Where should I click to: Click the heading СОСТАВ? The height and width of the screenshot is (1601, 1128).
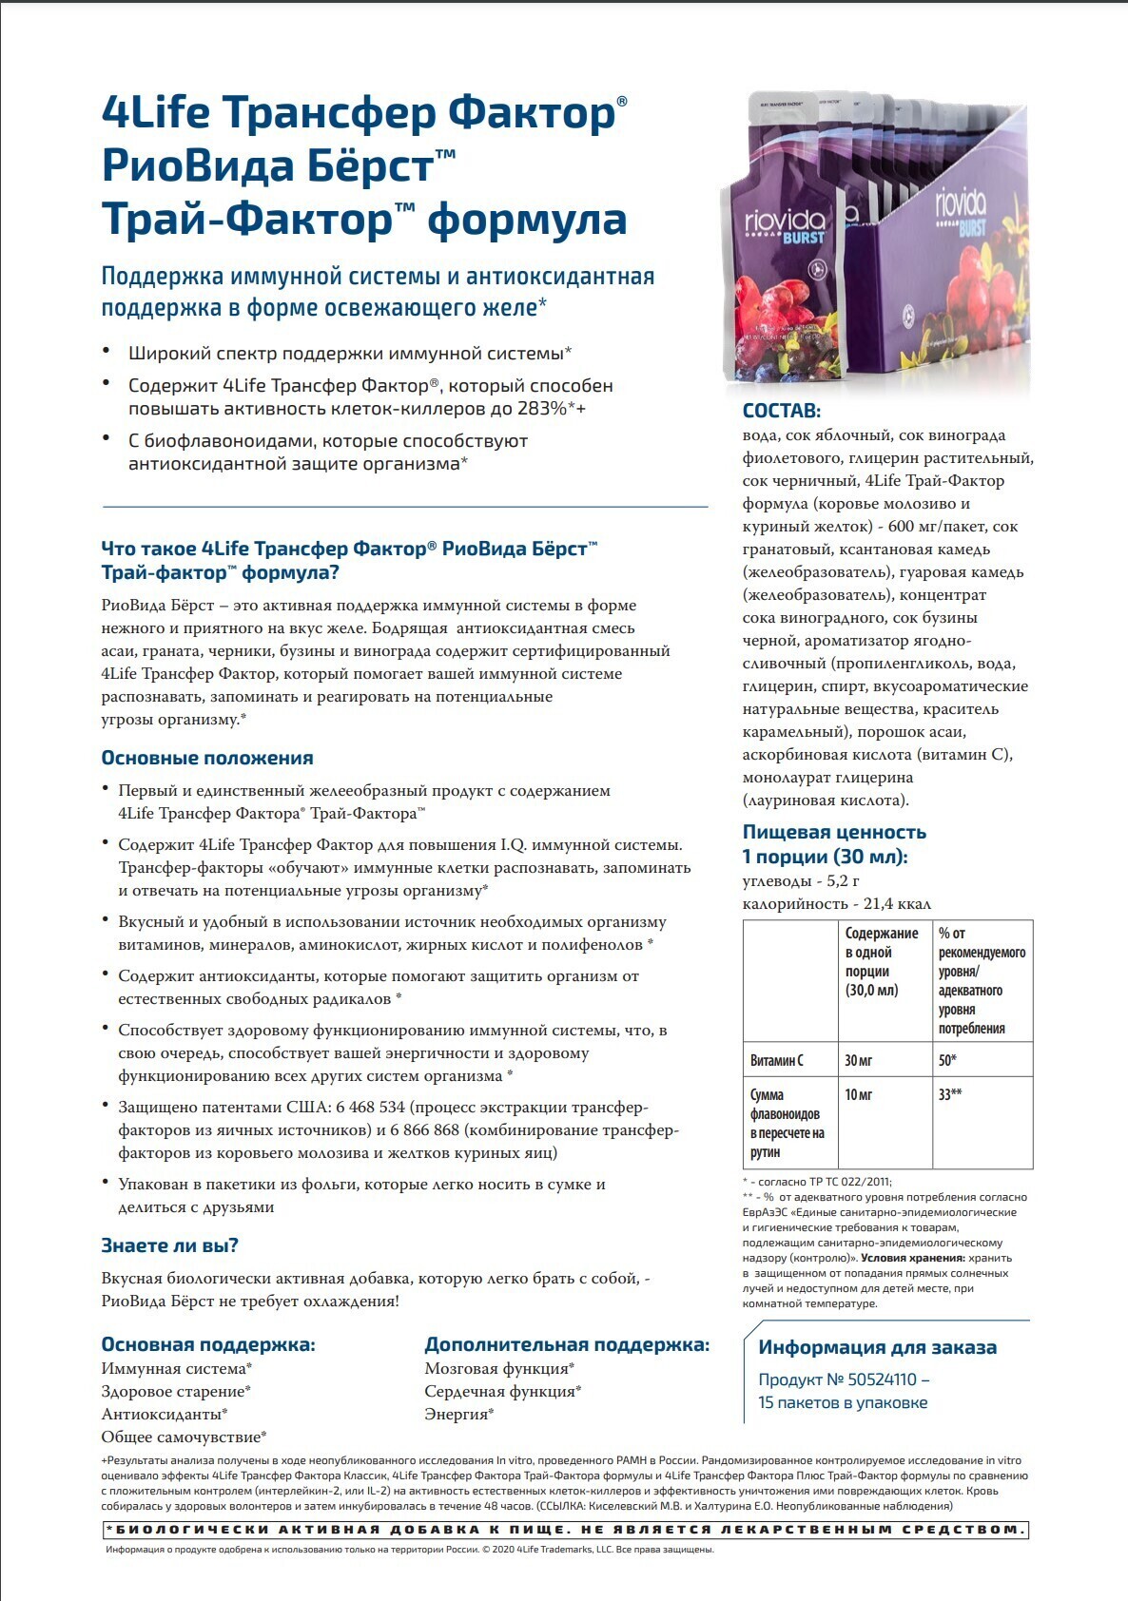[x=781, y=411]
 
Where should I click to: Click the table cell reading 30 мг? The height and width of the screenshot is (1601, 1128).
[x=859, y=1060]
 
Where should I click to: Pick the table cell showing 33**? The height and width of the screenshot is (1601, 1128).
[x=950, y=1094]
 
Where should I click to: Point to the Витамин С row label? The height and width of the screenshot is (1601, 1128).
[x=777, y=1060]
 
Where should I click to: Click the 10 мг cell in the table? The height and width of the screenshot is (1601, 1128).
[x=859, y=1094]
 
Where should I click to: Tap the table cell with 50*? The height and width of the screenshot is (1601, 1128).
[x=947, y=1060]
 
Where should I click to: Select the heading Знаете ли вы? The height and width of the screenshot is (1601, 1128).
[x=170, y=1245]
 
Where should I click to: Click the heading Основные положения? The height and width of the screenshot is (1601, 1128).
[x=207, y=758]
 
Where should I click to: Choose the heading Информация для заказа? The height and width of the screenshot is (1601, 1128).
[x=877, y=1347]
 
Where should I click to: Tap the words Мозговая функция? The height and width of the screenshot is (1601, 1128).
[x=496, y=1369]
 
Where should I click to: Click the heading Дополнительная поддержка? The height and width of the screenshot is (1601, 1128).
[x=567, y=1344]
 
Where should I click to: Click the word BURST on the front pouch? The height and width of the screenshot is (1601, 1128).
[x=803, y=237]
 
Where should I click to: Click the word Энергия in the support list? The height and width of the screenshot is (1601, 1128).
[x=456, y=1415]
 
